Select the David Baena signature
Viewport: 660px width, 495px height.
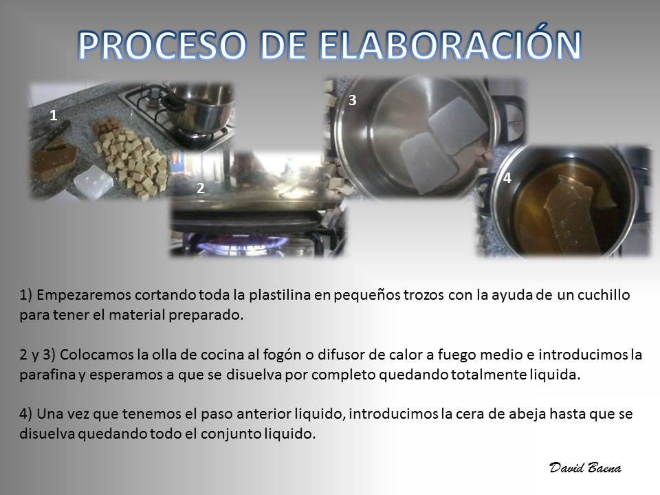[x=585, y=467]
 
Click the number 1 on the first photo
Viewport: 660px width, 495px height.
[x=54, y=115]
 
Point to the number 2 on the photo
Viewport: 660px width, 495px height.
[x=200, y=188]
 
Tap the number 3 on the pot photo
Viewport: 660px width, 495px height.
[x=352, y=100]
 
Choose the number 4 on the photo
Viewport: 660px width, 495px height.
[x=507, y=178]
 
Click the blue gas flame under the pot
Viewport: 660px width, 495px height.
[x=243, y=245]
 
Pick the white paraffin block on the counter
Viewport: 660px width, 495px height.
[x=93, y=181]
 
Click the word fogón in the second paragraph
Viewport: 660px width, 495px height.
[x=282, y=355]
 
